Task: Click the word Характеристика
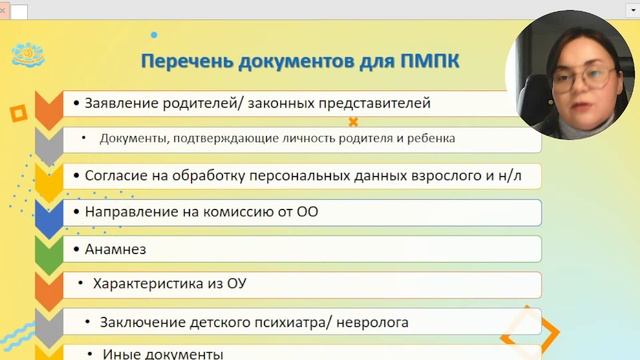(x=153, y=284)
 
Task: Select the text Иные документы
(x=163, y=354)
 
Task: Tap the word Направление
(x=129, y=211)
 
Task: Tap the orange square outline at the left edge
(x=17, y=114)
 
